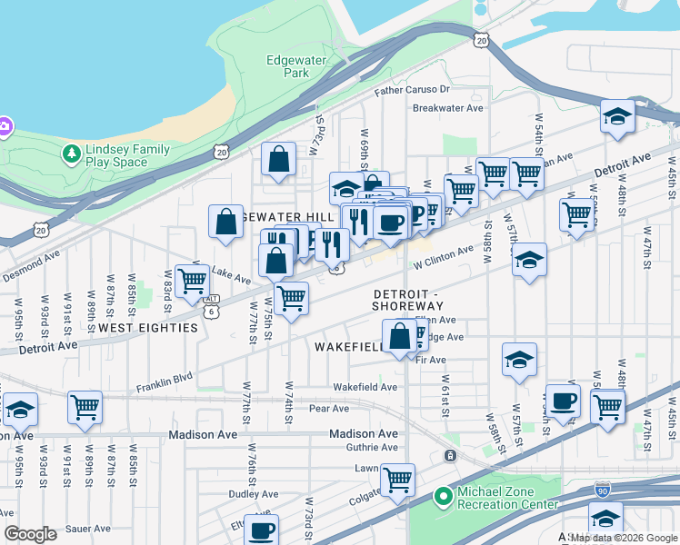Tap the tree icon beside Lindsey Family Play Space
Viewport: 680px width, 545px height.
(71, 154)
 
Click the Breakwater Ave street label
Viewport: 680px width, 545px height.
(447, 108)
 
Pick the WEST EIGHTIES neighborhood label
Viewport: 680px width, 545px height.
(148, 327)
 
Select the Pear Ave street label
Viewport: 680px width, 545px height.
(329, 409)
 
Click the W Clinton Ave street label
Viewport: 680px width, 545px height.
(443, 257)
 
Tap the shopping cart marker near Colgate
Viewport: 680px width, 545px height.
(397, 479)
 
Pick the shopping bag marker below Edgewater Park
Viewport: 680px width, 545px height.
(279, 159)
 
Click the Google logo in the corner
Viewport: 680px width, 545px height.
(30, 534)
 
